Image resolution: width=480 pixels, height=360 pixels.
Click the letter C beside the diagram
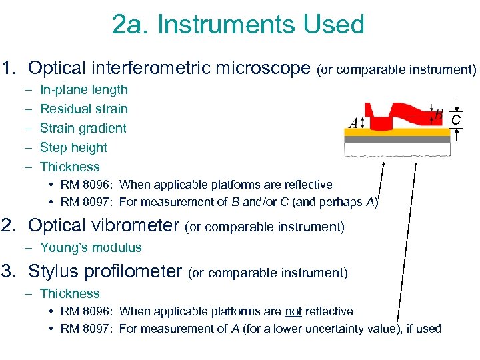(x=456, y=120)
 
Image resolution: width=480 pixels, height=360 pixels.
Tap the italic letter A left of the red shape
(x=353, y=123)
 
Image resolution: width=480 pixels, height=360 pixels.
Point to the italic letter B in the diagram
(x=439, y=114)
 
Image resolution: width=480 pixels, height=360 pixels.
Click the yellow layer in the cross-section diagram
(x=397, y=133)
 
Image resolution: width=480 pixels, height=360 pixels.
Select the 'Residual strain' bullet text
(x=83, y=109)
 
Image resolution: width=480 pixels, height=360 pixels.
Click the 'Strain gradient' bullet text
(x=83, y=128)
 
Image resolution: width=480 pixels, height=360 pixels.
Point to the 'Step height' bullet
(x=73, y=147)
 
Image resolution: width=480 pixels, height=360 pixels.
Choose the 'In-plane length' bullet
(x=83, y=89)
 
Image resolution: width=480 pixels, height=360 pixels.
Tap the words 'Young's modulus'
(x=91, y=247)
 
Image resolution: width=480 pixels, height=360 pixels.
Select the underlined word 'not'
(x=293, y=311)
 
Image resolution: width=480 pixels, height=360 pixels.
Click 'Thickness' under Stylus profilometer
(x=69, y=293)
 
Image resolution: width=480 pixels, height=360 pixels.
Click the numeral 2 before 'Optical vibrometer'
(x=9, y=226)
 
